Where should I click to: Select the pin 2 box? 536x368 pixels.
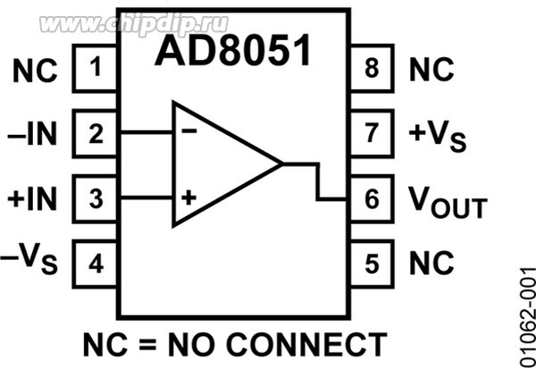pos(96,134)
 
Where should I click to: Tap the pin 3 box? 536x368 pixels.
pos(96,197)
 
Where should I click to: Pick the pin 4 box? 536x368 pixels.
pos(96,263)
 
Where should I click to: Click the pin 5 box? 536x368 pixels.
pos(371,263)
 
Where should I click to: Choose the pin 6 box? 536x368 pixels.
pos(371,199)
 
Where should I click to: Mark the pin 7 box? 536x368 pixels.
pos(371,134)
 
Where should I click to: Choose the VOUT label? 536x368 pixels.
pos(447,202)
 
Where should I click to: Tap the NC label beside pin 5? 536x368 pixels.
pos(431,263)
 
